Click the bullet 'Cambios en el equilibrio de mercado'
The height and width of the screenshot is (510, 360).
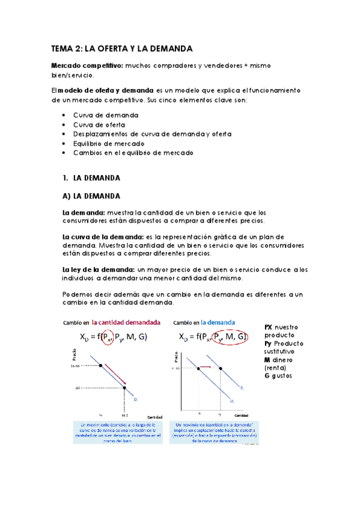[x=133, y=153]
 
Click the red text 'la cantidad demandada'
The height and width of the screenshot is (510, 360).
[x=126, y=322]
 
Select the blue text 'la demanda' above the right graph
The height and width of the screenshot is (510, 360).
[x=218, y=322]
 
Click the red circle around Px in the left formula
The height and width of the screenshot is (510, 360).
[x=108, y=337]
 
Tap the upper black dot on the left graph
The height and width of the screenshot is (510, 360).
[x=100, y=365]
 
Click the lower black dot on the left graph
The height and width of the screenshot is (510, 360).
[x=124, y=388]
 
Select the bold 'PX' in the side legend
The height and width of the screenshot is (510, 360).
[x=269, y=327]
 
